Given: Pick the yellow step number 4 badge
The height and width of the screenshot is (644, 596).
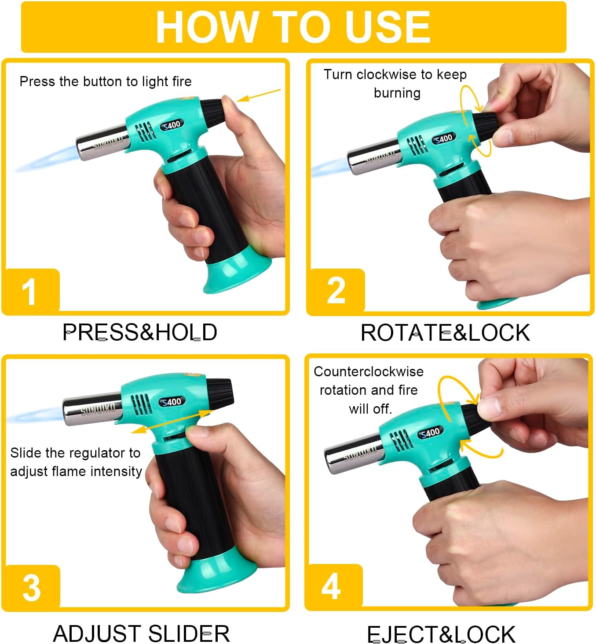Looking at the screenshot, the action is [x=334, y=586].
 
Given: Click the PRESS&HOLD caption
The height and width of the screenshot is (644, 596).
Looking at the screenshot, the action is [x=139, y=332].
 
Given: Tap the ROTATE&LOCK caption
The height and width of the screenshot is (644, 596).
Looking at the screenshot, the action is [x=446, y=333].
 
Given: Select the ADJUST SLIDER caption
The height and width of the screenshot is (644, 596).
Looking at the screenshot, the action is [x=142, y=633].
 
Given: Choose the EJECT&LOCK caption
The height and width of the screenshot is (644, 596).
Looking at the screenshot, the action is [x=441, y=634].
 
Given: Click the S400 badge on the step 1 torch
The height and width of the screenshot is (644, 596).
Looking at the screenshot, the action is [x=172, y=125].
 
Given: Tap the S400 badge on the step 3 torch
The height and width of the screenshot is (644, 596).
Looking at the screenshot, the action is [x=172, y=402].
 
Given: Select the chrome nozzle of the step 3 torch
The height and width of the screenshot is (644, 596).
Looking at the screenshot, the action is [x=93, y=408].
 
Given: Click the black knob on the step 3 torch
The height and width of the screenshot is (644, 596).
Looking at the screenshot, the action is [x=220, y=393].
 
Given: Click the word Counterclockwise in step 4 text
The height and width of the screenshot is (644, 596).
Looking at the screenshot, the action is [x=369, y=371].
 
